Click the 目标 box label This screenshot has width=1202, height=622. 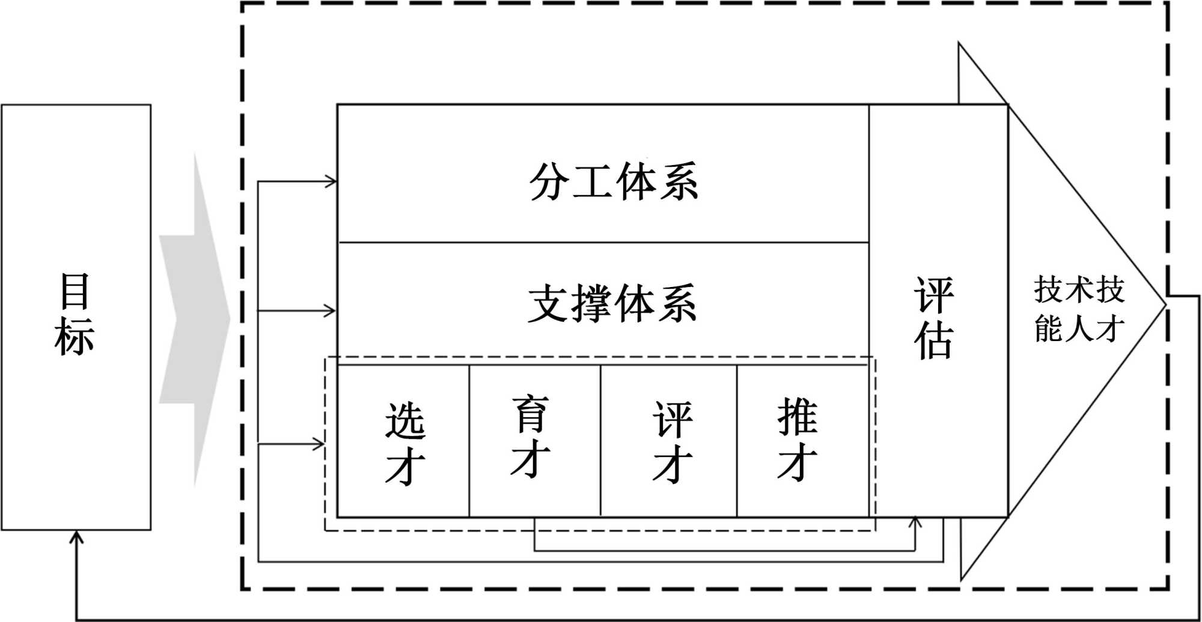pos(75,314)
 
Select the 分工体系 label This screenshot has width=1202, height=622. pos(613,181)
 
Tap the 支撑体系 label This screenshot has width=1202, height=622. pos(612,304)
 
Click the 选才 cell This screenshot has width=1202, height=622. pos(405,443)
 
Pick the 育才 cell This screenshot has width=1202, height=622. pos(530,437)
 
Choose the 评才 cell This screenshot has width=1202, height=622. pos(673,442)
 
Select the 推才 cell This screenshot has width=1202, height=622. pos(798,438)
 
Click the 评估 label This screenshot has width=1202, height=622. pos(933,318)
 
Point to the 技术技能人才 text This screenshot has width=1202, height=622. pos(1079,309)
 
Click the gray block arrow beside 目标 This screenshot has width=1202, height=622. pos(195,318)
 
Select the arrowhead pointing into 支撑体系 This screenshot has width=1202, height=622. pos(330,311)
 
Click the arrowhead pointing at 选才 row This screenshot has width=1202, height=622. pos(319,444)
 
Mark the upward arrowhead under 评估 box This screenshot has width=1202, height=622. pos(915,522)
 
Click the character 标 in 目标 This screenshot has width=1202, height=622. pos(75,336)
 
